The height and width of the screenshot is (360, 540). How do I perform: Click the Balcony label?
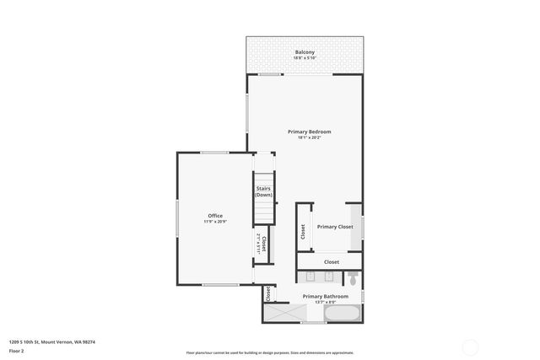[305, 52]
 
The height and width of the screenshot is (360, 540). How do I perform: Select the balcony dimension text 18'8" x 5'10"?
[305, 58]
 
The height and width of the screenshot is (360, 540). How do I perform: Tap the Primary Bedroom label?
[309, 132]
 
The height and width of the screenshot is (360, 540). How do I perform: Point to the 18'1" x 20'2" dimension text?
[309, 137]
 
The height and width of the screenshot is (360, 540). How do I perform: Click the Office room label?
[215, 216]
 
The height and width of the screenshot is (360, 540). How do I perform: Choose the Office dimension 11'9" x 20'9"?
[215, 222]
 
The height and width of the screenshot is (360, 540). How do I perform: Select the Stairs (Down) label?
[264, 191]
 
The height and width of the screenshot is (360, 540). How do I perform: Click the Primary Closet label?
[335, 227]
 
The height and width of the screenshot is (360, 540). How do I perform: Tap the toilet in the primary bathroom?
[354, 277]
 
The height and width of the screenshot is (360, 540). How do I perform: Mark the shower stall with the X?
[282, 313]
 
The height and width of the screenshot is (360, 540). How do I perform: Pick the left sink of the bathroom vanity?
[310, 277]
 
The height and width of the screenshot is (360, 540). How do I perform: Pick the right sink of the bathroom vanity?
[328, 277]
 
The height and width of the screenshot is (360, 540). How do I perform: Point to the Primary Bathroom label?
[323, 296]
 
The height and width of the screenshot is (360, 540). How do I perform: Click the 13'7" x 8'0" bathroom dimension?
[323, 302]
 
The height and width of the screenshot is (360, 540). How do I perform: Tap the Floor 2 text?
[16, 351]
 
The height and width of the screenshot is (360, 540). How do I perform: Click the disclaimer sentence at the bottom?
[270, 352]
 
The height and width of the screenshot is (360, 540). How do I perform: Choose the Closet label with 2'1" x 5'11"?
[263, 244]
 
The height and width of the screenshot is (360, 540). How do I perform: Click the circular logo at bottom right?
[471, 346]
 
